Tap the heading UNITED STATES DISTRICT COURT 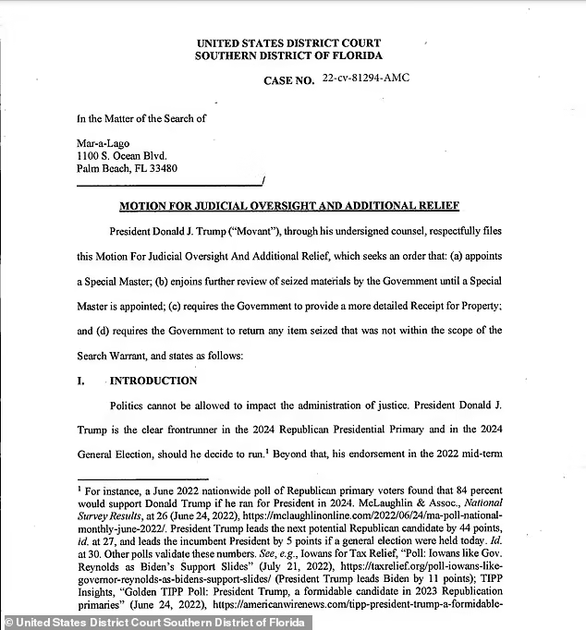coord(287,43)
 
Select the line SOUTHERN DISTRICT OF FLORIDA coord(287,55)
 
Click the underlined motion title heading coord(289,206)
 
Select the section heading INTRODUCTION coord(153,381)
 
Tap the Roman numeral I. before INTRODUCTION coord(81,381)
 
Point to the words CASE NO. coord(288,80)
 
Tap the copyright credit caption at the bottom coord(156,622)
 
